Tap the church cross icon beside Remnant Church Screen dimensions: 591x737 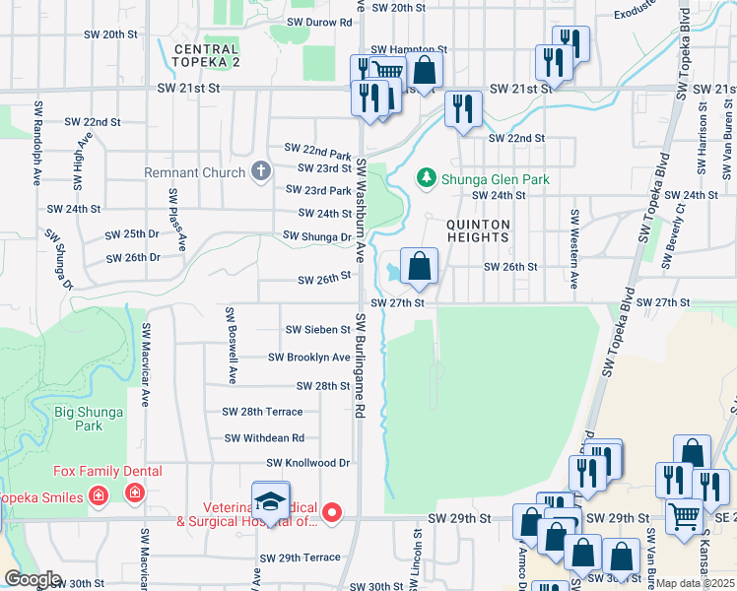261,172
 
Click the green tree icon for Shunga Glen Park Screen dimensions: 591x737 427,177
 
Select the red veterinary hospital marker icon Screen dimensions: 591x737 333,511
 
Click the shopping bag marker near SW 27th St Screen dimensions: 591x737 419,266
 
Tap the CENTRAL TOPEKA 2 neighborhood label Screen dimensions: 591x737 206,56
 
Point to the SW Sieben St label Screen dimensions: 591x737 317,330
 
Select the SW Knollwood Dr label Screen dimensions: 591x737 308,462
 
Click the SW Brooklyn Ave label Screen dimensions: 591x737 308,358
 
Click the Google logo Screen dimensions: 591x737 33,579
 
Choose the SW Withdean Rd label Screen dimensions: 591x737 264,438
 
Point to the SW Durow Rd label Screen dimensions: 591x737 319,22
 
